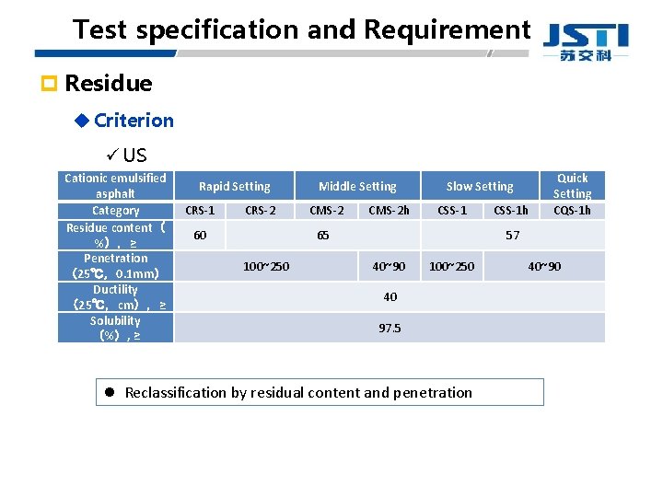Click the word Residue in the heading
click(x=109, y=84)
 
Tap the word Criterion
click(x=134, y=120)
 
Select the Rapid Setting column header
click(x=235, y=186)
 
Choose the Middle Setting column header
click(x=357, y=186)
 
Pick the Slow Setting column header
click(x=480, y=186)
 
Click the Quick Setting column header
click(x=572, y=186)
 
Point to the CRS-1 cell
click(x=200, y=211)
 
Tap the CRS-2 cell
click(x=261, y=211)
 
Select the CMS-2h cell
click(x=389, y=211)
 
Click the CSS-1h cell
click(x=511, y=211)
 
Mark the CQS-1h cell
click(x=572, y=211)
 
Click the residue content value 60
click(x=200, y=236)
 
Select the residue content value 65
click(x=323, y=236)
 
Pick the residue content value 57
click(x=512, y=236)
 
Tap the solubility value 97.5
click(x=390, y=328)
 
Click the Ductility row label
click(x=115, y=290)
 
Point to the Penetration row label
click(x=115, y=259)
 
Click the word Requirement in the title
click(x=448, y=29)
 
